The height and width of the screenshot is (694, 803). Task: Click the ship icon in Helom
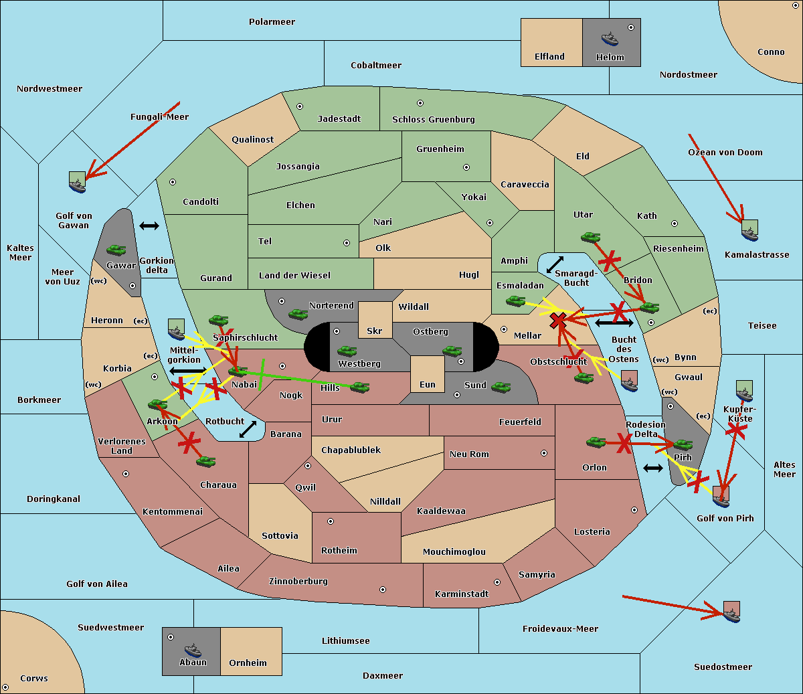609,39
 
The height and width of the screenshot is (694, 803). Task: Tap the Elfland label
549,57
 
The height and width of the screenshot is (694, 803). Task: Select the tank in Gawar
116,250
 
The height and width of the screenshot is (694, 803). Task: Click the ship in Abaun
193,650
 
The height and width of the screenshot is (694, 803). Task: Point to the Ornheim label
248,663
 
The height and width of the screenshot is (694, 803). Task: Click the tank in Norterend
298,314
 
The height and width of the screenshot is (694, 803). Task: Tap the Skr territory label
374,331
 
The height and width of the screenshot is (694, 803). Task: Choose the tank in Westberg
347,351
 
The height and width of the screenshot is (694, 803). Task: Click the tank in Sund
501,387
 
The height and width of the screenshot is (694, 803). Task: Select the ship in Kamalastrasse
749,232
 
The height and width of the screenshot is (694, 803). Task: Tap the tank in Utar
590,237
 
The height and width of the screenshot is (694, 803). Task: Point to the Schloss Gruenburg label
433,120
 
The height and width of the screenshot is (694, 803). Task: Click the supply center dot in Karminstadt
497,582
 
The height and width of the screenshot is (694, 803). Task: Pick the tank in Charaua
205,461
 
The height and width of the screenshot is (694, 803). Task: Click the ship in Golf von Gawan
78,183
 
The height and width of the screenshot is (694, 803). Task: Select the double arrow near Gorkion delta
149,226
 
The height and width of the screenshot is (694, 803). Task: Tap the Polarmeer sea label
272,22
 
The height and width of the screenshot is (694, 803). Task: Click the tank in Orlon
596,442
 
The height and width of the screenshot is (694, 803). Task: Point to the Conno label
771,52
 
